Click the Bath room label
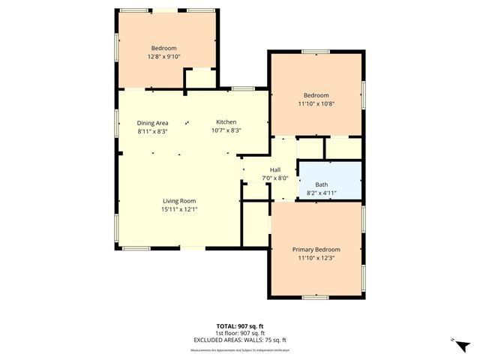[x=321, y=184]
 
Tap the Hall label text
[x=274, y=169]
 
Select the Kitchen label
[x=226, y=122]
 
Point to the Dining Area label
[x=152, y=123]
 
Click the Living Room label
[x=179, y=201]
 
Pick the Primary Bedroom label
[x=316, y=250]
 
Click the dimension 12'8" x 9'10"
[x=163, y=56]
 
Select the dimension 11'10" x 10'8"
[x=316, y=104]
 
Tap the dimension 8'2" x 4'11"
[x=321, y=193]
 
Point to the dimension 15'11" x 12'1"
[x=179, y=209]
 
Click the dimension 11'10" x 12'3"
[x=316, y=258]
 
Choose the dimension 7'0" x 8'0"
[x=274, y=178]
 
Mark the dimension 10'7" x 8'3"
[x=226, y=131]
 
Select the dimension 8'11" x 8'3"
[x=152, y=131]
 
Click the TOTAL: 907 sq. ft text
[x=239, y=325]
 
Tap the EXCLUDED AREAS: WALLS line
[x=239, y=340]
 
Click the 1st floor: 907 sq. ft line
[x=239, y=333]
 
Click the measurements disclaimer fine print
[x=239, y=349]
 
